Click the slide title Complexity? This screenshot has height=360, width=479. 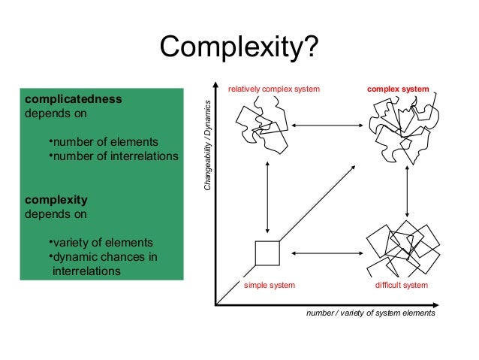pyautogui.click(x=239, y=48)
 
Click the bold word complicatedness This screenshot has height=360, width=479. pyautogui.click(x=74, y=98)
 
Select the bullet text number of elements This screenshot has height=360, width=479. pyautogui.click(x=102, y=142)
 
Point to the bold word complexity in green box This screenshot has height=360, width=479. pyautogui.click(x=56, y=200)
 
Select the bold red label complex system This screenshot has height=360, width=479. pyautogui.click(x=398, y=89)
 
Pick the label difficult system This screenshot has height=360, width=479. pyautogui.click(x=401, y=286)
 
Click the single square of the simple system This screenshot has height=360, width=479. pyautogui.click(x=267, y=253)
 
